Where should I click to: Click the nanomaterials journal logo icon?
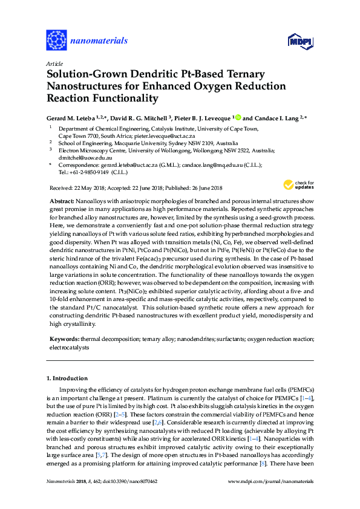(56, 41)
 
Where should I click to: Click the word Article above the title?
(55, 63)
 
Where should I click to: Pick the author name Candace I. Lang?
(275, 118)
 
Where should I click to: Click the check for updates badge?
(298, 169)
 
